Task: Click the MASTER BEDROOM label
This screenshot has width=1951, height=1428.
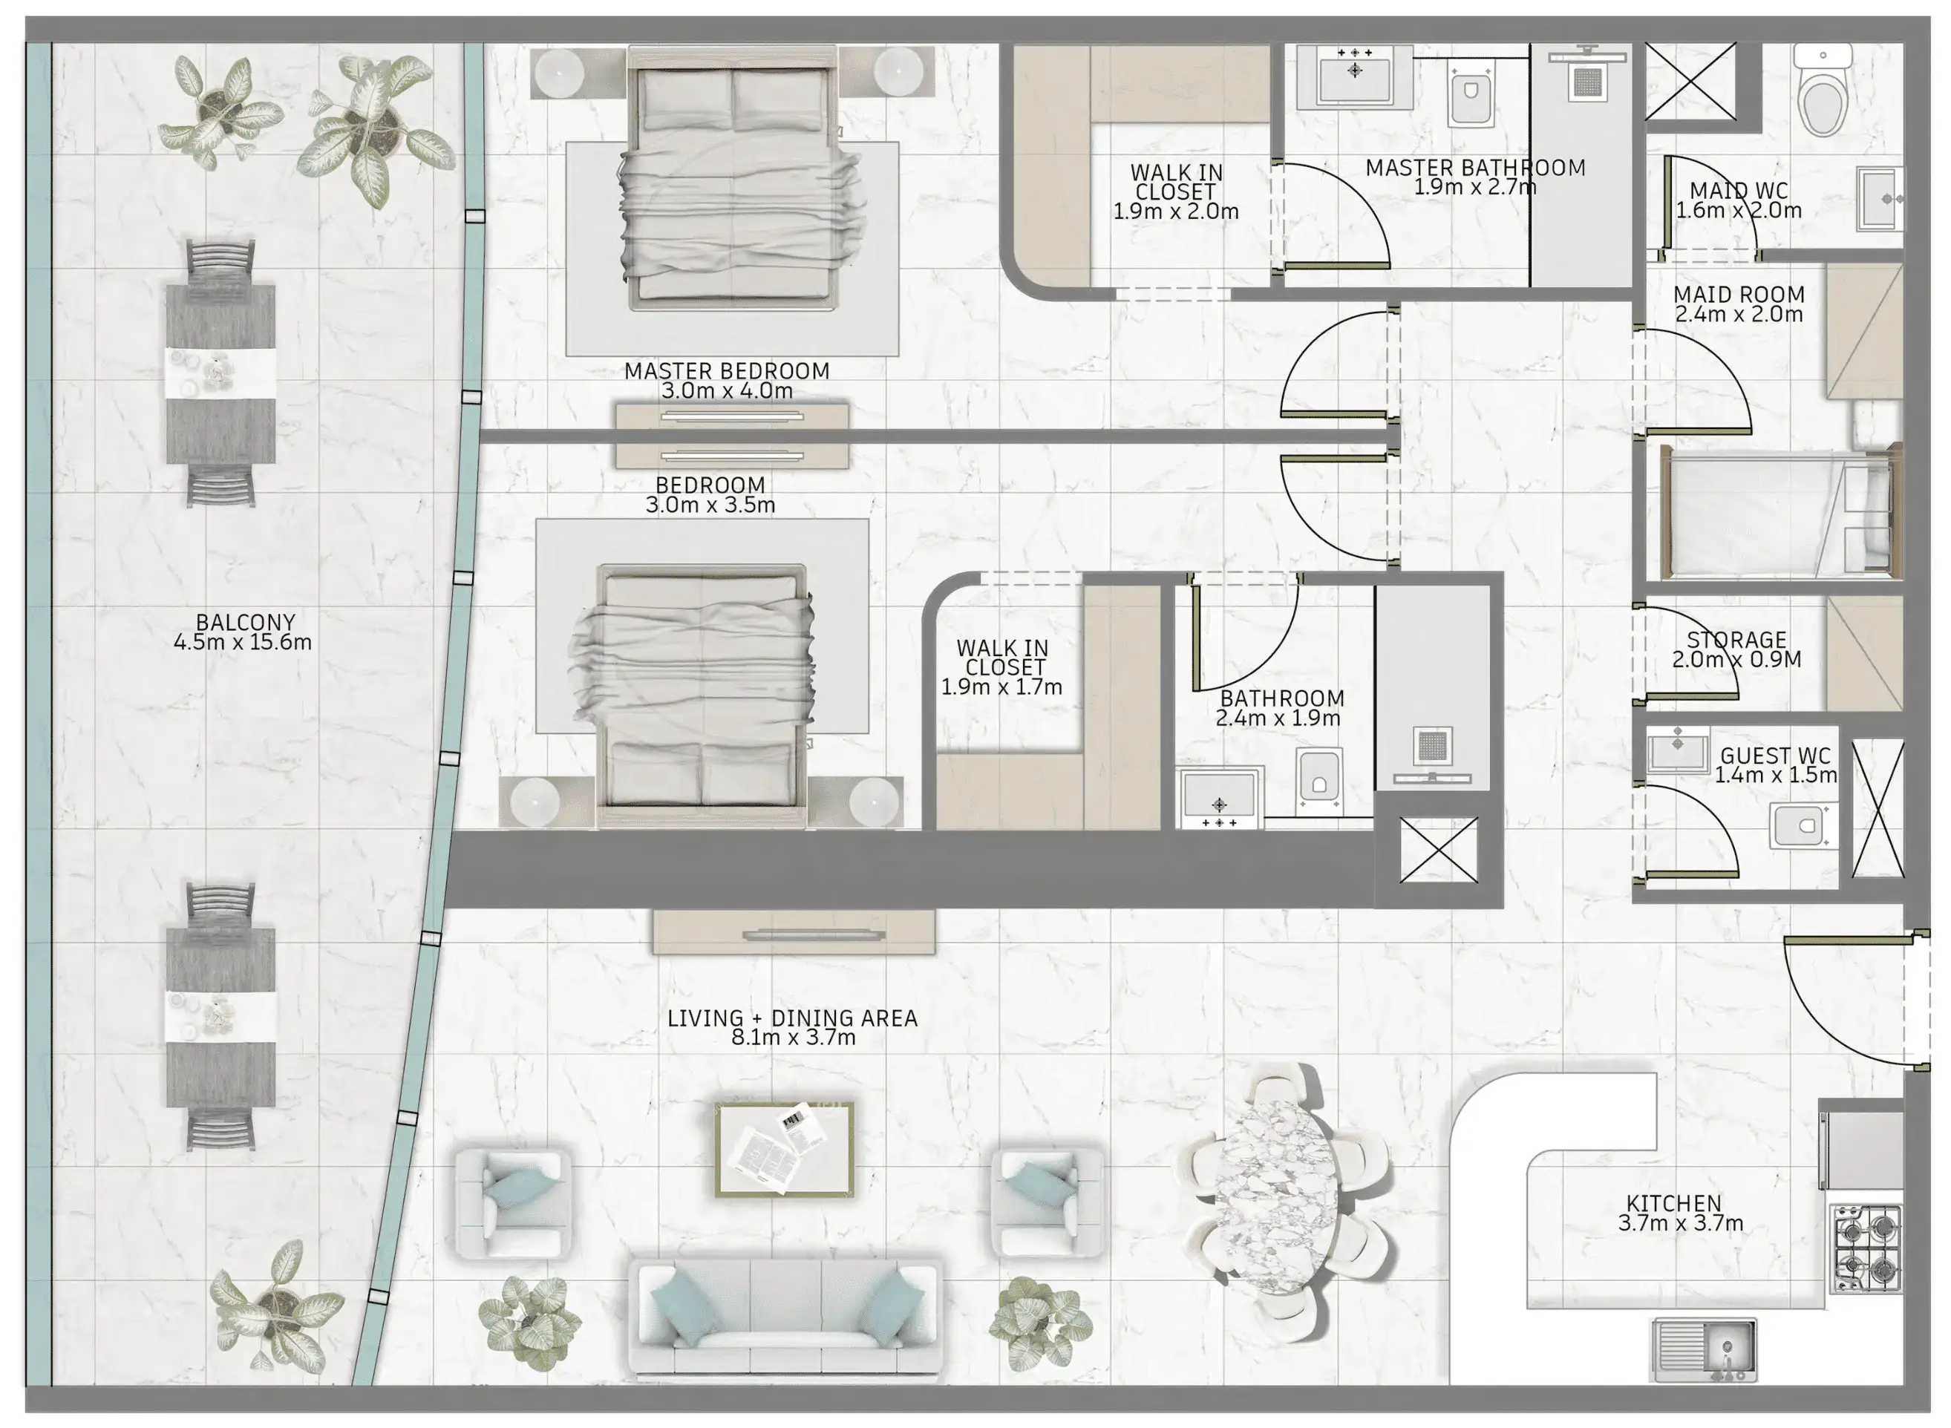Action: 726,371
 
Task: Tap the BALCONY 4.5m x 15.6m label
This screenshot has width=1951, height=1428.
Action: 243,632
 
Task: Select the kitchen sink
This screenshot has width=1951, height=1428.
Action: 1704,1349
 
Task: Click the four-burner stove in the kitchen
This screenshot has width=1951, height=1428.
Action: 1866,1248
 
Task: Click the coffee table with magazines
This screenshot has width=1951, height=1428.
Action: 784,1149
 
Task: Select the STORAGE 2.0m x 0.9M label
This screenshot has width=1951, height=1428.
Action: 1736,649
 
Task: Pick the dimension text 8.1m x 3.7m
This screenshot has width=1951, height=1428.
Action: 793,1038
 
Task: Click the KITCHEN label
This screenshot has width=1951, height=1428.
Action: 1673,1203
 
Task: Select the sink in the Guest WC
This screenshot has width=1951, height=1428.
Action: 1677,750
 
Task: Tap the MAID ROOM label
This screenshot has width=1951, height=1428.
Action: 1739,294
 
